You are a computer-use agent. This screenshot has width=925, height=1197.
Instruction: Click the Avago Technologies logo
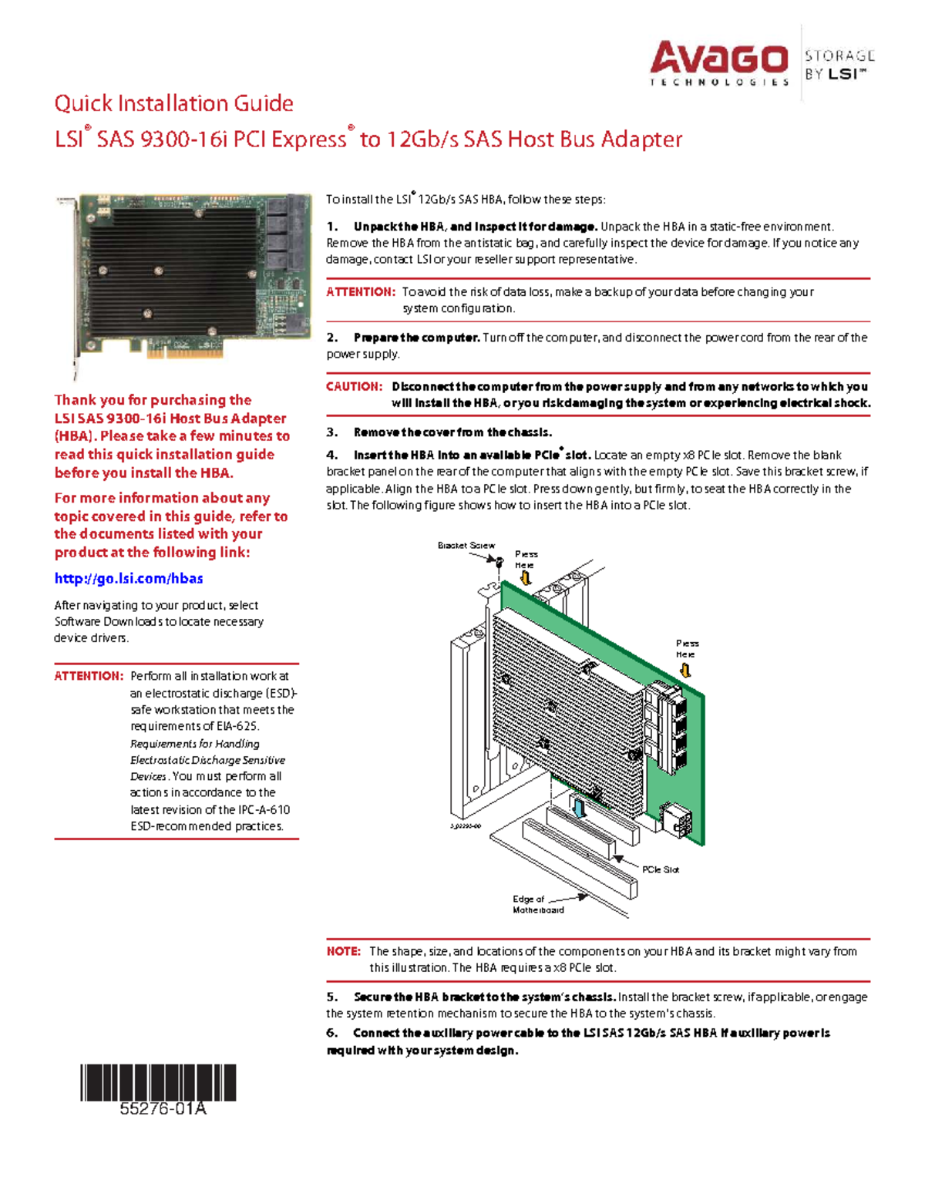pos(718,63)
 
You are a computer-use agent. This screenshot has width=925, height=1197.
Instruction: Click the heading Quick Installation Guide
pos(173,103)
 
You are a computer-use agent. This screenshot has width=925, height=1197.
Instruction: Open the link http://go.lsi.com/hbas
pos(129,578)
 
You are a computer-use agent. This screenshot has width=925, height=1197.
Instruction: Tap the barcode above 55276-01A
pos(158,1082)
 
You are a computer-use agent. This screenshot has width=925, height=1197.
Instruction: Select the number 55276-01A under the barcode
pos(163,1109)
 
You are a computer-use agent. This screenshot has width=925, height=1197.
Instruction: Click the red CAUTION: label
pos(354,386)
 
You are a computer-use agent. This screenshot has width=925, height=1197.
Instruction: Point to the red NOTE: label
pos(343,951)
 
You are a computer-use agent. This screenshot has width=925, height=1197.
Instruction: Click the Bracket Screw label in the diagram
pos(466,545)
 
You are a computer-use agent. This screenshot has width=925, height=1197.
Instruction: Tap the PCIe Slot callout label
pos(661,869)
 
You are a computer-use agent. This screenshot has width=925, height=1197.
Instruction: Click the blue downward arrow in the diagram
pos(579,808)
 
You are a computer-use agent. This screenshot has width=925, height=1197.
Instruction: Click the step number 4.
pos(331,455)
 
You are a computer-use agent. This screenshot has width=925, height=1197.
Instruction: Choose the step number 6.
pos(331,1033)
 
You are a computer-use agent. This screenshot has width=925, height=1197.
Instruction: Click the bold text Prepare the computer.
pos(416,338)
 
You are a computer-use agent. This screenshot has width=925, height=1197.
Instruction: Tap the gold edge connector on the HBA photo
pos(185,351)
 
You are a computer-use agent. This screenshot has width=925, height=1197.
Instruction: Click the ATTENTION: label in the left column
pos(89,676)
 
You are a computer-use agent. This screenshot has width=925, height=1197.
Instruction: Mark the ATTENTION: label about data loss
pos(360,292)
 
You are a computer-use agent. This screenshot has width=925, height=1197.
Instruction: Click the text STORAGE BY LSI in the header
pos(839,65)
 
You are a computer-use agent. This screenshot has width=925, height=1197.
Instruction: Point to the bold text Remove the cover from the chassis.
pos(452,432)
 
